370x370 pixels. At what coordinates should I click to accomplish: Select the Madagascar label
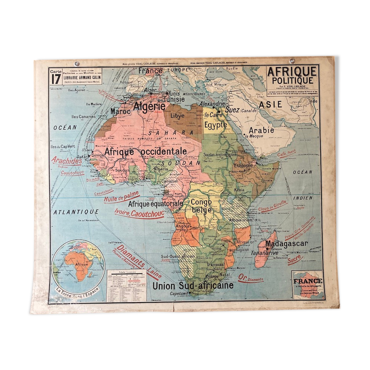[x=286, y=244]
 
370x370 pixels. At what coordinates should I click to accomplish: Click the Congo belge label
[x=201, y=206]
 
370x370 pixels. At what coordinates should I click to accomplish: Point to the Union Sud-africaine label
[x=193, y=285]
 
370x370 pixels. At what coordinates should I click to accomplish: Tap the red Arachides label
[x=67, y=161]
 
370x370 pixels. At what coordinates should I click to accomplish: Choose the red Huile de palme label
[x=121, y=197]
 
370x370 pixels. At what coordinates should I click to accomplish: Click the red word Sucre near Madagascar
[x=294, y=260]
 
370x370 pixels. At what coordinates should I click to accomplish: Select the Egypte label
[x=216, y=125]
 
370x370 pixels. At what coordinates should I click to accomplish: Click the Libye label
[x=177, y=116]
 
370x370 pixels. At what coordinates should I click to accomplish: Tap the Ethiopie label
[x=243, y=166]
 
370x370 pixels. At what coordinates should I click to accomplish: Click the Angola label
[x=183, y=226]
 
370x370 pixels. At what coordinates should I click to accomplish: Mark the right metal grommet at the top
[x=292, y=61]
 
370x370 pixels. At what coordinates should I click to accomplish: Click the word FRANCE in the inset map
[x=308, y=281]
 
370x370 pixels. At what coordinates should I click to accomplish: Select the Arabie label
[x=261, y=131]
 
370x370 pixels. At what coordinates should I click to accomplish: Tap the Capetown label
[x=179, y=294]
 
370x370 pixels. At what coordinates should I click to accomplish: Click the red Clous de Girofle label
[x=272, y=206]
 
